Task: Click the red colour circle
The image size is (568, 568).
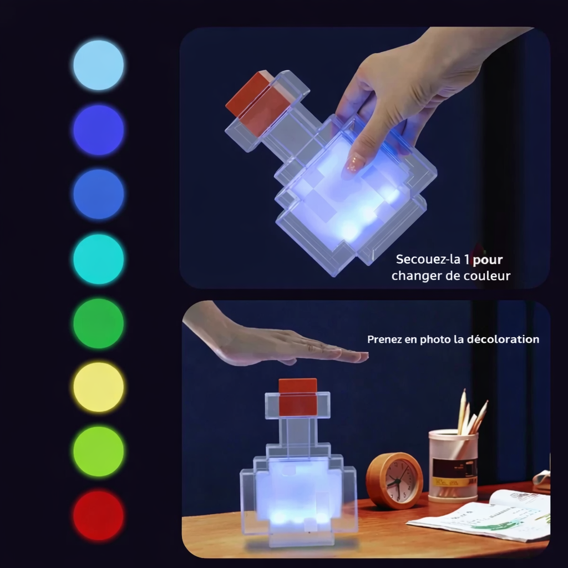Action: [99, 515]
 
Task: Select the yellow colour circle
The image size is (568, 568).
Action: [99, 387]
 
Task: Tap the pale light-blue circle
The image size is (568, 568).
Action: [99, 65]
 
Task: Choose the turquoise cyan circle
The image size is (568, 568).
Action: [99, 259]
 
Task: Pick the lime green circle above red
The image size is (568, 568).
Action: [99, 451]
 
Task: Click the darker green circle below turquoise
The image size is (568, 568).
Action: [99, 323]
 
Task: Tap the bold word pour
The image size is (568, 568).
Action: [488, 259]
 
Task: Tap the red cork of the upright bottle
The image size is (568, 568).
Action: [298, 397]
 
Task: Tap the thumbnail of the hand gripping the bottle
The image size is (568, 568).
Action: [354, 164]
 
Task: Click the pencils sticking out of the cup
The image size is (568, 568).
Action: [469, 413]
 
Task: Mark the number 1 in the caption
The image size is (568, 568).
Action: [467, 259]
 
